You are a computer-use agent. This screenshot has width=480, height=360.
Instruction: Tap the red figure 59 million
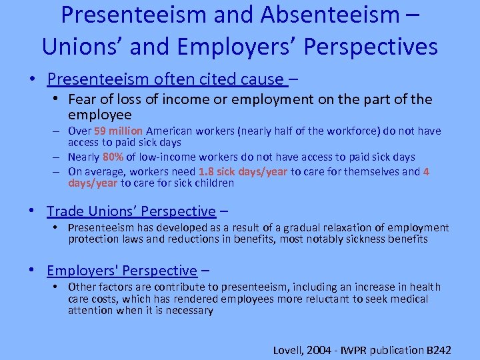pyautogui.click(x=119, y=131)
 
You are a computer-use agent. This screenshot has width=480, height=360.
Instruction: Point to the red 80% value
pyautogui.click(x=111, y=157)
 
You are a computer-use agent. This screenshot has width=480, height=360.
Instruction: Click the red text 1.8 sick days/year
pyautogui.click(x=243, y=171)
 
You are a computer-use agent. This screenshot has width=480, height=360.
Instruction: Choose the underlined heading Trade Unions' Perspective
pyautogui.click(x=131, y=211)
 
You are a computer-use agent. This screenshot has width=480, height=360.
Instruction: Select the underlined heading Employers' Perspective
pyautogui.click(x=121, y=271)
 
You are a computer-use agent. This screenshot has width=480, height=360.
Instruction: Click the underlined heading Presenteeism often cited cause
pyautogui.click(x=167, y=79)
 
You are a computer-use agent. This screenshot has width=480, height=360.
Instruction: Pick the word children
pyautogui.click(x=212, y=183)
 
